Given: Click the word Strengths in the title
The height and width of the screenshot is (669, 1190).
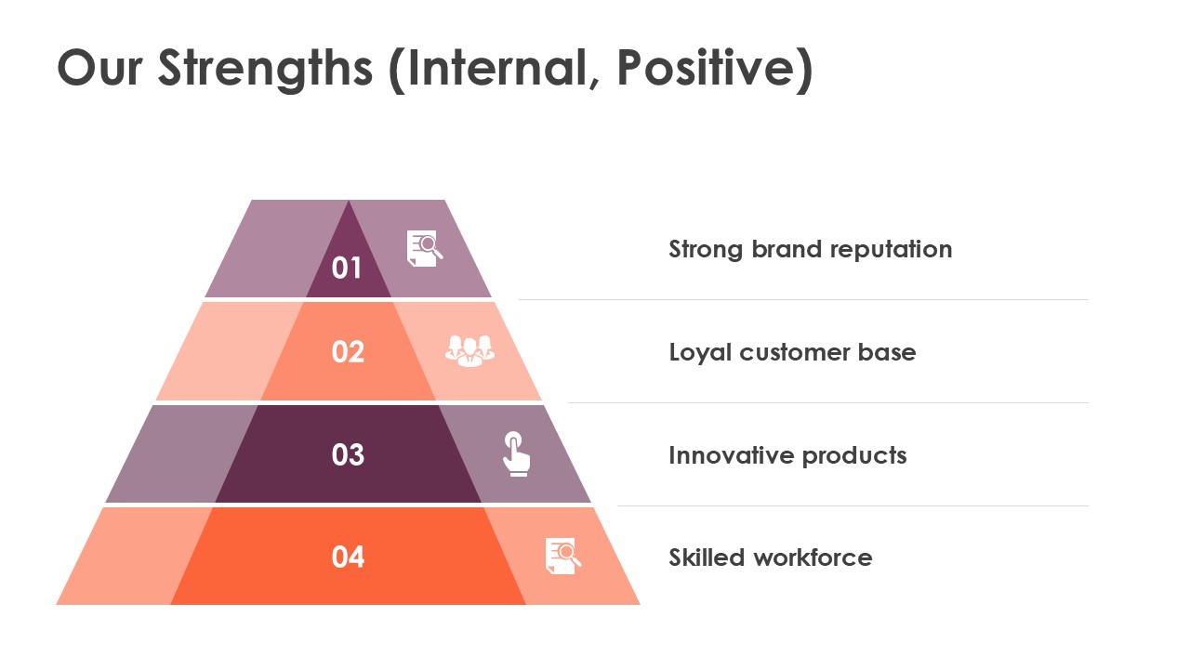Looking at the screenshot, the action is (x=266, y=69).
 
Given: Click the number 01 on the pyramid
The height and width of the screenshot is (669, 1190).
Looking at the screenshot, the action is (x=347, y=268).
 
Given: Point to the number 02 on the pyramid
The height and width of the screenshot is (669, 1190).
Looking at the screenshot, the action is (x=348, y=351).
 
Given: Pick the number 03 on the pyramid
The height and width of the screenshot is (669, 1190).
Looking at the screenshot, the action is (x=348, y=454).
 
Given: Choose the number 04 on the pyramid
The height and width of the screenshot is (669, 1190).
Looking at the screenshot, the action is (x=348, y=557).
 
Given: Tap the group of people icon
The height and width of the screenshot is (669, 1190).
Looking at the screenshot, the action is (x=469, y=351).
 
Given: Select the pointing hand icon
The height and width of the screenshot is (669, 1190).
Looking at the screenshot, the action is (x=516, y=454).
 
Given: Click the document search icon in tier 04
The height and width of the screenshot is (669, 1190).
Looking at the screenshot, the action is (x=563, y=556).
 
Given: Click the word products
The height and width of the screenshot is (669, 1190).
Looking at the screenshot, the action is (x=854, y=456).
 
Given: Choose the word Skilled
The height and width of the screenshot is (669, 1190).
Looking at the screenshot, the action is (x=706, y=557).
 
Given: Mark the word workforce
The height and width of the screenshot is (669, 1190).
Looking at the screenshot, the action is (x=813, y=557).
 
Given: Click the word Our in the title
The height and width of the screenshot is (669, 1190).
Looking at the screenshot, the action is (x=99, y=68).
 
